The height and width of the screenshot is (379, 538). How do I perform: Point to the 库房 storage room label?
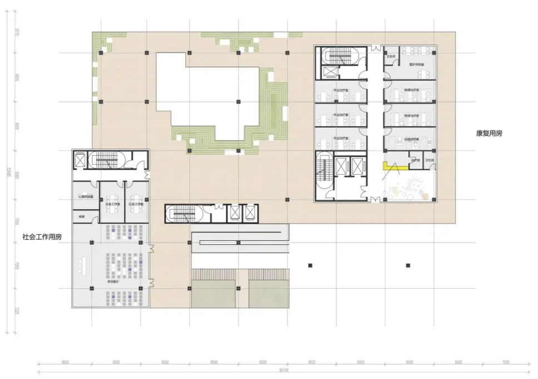pos(81,216)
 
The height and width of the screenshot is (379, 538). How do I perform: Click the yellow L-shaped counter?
pos(387,165)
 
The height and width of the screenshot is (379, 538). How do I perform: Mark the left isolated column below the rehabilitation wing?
pos(311,265)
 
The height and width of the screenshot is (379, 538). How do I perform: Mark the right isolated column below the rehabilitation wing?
pos(408,265)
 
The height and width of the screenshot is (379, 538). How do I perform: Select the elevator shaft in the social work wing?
pos(81,160)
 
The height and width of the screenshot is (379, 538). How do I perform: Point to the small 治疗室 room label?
pos(414,160)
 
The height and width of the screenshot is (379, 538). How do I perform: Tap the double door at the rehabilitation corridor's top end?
pos(375,49)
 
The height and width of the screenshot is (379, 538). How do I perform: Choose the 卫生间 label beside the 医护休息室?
pos(391,56)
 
